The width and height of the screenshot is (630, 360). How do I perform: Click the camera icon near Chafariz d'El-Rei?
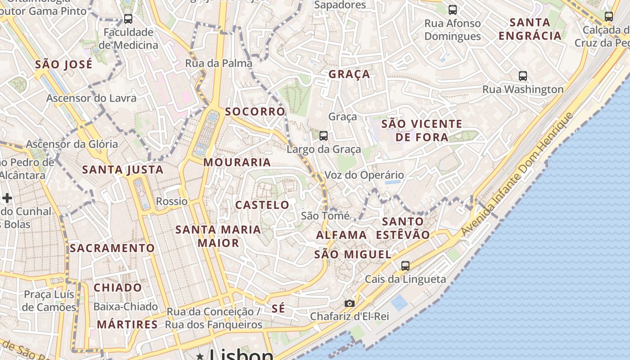[349, 303]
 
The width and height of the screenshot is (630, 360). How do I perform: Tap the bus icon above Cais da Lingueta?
[405, 266]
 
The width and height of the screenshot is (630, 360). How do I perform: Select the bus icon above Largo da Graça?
[323, 135]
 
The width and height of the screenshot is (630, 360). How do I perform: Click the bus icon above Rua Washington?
[522, 76]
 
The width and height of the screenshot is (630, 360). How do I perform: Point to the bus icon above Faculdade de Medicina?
[128, 19]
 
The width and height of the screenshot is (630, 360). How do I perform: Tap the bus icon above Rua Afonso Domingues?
[452, 9]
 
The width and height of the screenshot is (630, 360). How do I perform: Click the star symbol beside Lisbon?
[200, 356]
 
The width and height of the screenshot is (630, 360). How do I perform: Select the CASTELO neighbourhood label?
[262, 205]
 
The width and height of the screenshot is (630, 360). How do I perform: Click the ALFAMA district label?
[341, 235]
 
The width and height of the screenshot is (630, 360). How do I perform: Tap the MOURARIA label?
[237, 162]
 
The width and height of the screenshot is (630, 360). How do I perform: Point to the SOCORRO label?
[255, 112]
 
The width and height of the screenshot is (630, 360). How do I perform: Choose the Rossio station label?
[171, 201]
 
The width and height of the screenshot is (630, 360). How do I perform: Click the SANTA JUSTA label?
[123, 170]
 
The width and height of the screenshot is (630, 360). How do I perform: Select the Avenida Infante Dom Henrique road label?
[517, 173]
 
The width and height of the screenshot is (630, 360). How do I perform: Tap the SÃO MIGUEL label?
[353, 254]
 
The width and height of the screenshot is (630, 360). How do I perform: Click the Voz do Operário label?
[364, 175]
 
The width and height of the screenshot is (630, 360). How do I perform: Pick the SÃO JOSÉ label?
[63, 64]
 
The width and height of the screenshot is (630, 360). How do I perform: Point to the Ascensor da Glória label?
[72, 144]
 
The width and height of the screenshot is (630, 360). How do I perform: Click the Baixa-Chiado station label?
[126, 307]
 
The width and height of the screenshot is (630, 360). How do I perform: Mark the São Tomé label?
[325, 216]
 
